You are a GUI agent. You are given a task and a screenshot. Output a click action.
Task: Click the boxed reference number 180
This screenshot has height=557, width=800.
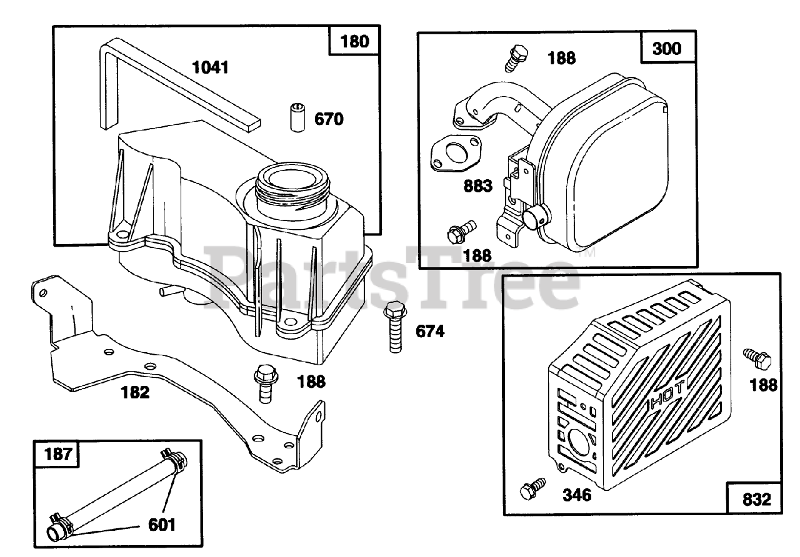coord(355,42)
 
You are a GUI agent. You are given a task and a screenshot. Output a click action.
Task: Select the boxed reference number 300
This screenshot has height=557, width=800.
coord(667,48)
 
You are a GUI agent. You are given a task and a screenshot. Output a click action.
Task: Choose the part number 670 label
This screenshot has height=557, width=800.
coord(329,119)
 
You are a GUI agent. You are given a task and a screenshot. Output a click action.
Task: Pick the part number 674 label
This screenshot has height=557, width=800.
coord(430,332)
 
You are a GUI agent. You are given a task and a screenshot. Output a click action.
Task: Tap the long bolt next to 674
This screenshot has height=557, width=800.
coord(394,325)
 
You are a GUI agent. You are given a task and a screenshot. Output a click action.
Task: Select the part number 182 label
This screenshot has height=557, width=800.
coord(135,392)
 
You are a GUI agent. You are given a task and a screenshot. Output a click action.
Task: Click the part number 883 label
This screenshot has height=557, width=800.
coord(478,185)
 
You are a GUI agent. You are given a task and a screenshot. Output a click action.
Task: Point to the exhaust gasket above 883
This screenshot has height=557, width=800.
coord(458,152)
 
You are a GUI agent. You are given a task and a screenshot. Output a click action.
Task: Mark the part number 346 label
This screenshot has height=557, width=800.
coord(576,495)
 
